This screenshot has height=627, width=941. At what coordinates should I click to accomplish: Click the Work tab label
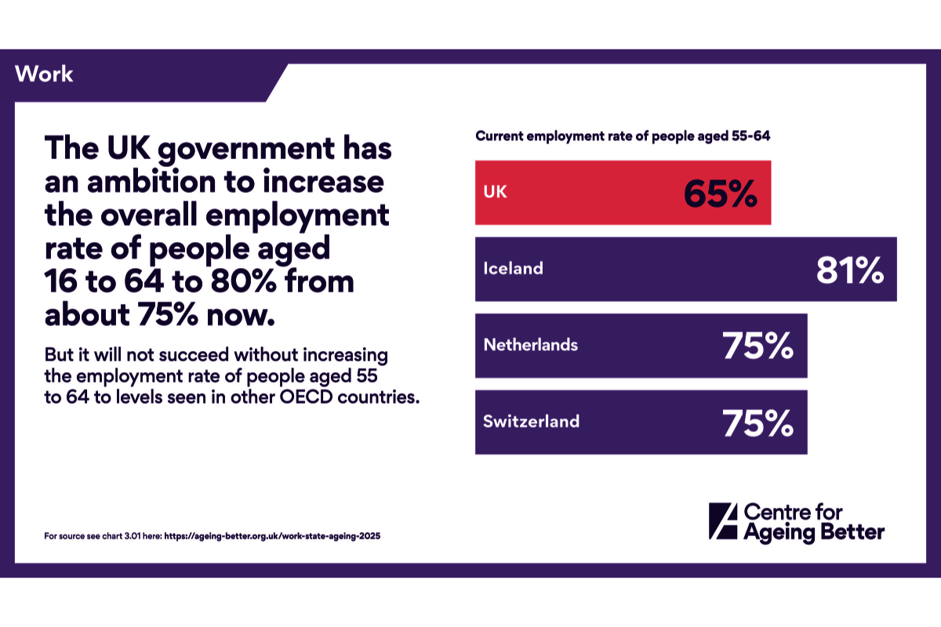[x=44, y=74]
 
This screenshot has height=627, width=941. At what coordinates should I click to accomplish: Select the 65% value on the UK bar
[x=720, y=194]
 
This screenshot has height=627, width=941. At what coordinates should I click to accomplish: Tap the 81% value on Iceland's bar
[x=850, y=270]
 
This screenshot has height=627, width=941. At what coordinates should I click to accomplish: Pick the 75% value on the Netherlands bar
[x=758, y=346]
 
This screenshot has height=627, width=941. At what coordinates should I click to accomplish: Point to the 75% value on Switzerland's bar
[x=758, y=423]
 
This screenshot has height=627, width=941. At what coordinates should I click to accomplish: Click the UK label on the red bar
[x=495, y=192]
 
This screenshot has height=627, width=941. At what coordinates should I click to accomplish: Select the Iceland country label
[x=513, y=268]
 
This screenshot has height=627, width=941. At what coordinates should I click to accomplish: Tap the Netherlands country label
[x=530, y=345]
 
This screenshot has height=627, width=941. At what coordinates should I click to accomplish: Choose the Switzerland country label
[x=531, y=421]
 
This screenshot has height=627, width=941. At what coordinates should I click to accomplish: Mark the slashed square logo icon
[x=722, y=521]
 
